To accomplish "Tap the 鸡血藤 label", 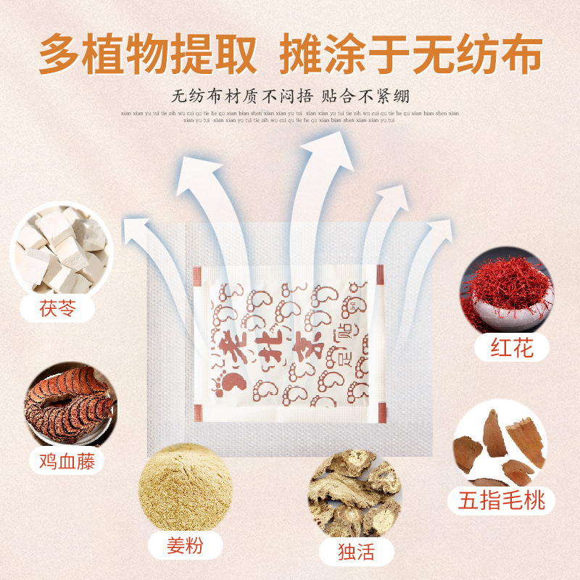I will point(67,460).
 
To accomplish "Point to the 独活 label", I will point(356,553).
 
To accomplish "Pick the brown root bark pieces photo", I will point(500,446).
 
